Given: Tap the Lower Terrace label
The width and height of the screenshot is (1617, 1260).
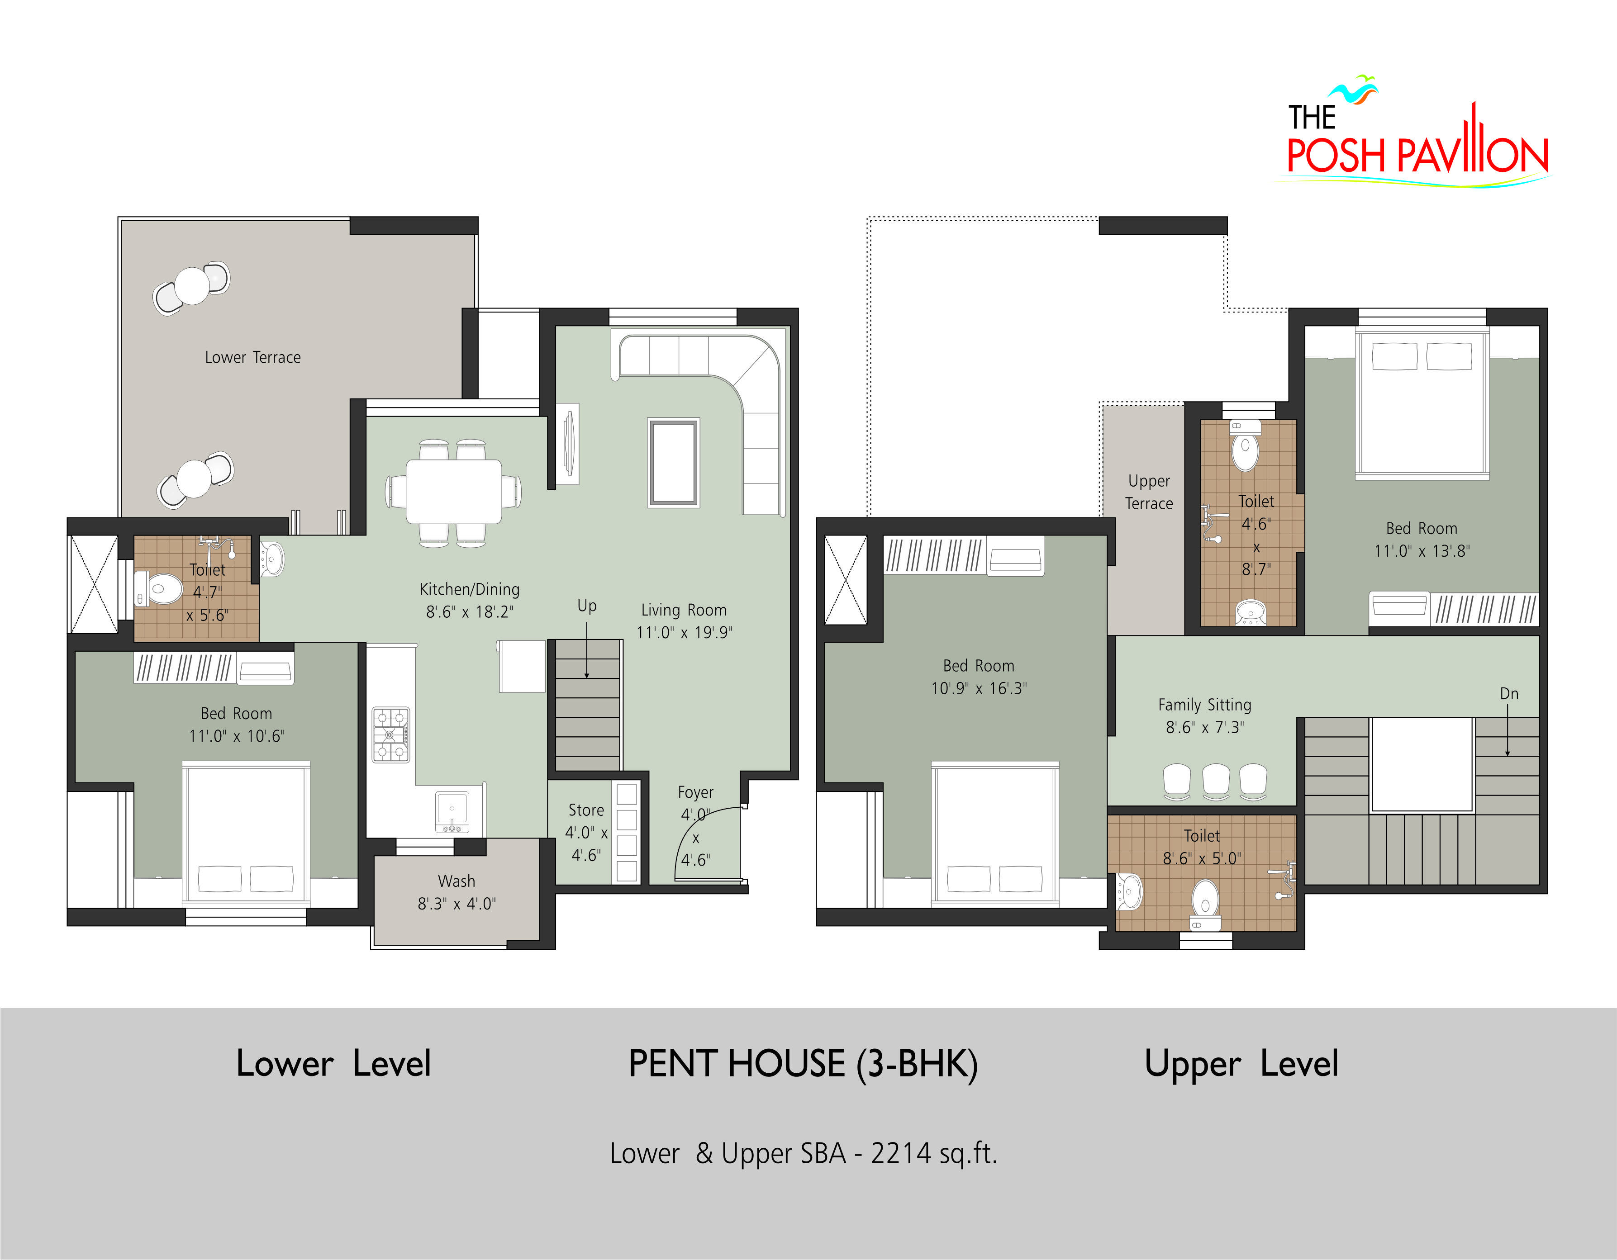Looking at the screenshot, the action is [x=252, y=358].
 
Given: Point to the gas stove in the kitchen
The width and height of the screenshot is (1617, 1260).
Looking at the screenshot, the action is [x=390, y=735].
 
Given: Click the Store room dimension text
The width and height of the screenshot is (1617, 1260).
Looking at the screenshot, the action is [x=586, y=844].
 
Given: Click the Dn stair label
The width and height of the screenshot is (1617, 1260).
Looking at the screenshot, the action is [x=1509, y=694].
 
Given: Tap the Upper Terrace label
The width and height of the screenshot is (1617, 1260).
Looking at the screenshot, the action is [x=1149, y=493].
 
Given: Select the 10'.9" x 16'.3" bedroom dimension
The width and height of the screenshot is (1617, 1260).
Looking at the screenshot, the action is [x=979, y=688].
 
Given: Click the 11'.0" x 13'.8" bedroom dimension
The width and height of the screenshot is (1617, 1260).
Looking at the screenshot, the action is [x=1422, y=551].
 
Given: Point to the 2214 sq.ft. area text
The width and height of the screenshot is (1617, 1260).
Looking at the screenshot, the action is [x=934, y=1153].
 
